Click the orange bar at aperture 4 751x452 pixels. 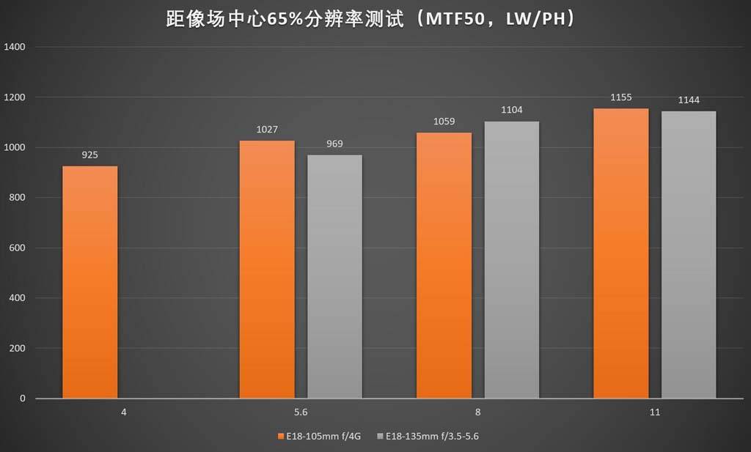[90, 282]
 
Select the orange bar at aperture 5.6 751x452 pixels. [267, 269]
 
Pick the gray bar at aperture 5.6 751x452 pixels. [335, 276]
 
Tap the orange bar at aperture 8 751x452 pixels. [444, 265]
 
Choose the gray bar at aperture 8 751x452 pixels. [512, 259]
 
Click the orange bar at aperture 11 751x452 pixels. [621, 253]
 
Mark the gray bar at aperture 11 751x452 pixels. [689, 254]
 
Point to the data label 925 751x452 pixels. [90, 155]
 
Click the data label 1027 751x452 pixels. [267, 130]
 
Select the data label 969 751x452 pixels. [335, 144]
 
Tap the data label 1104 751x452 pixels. [512, 110]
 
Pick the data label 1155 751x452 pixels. [621, 97]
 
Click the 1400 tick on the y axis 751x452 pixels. [15, 47]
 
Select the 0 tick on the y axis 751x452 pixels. [23, 399]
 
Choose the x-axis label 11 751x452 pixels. [655, 412]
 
